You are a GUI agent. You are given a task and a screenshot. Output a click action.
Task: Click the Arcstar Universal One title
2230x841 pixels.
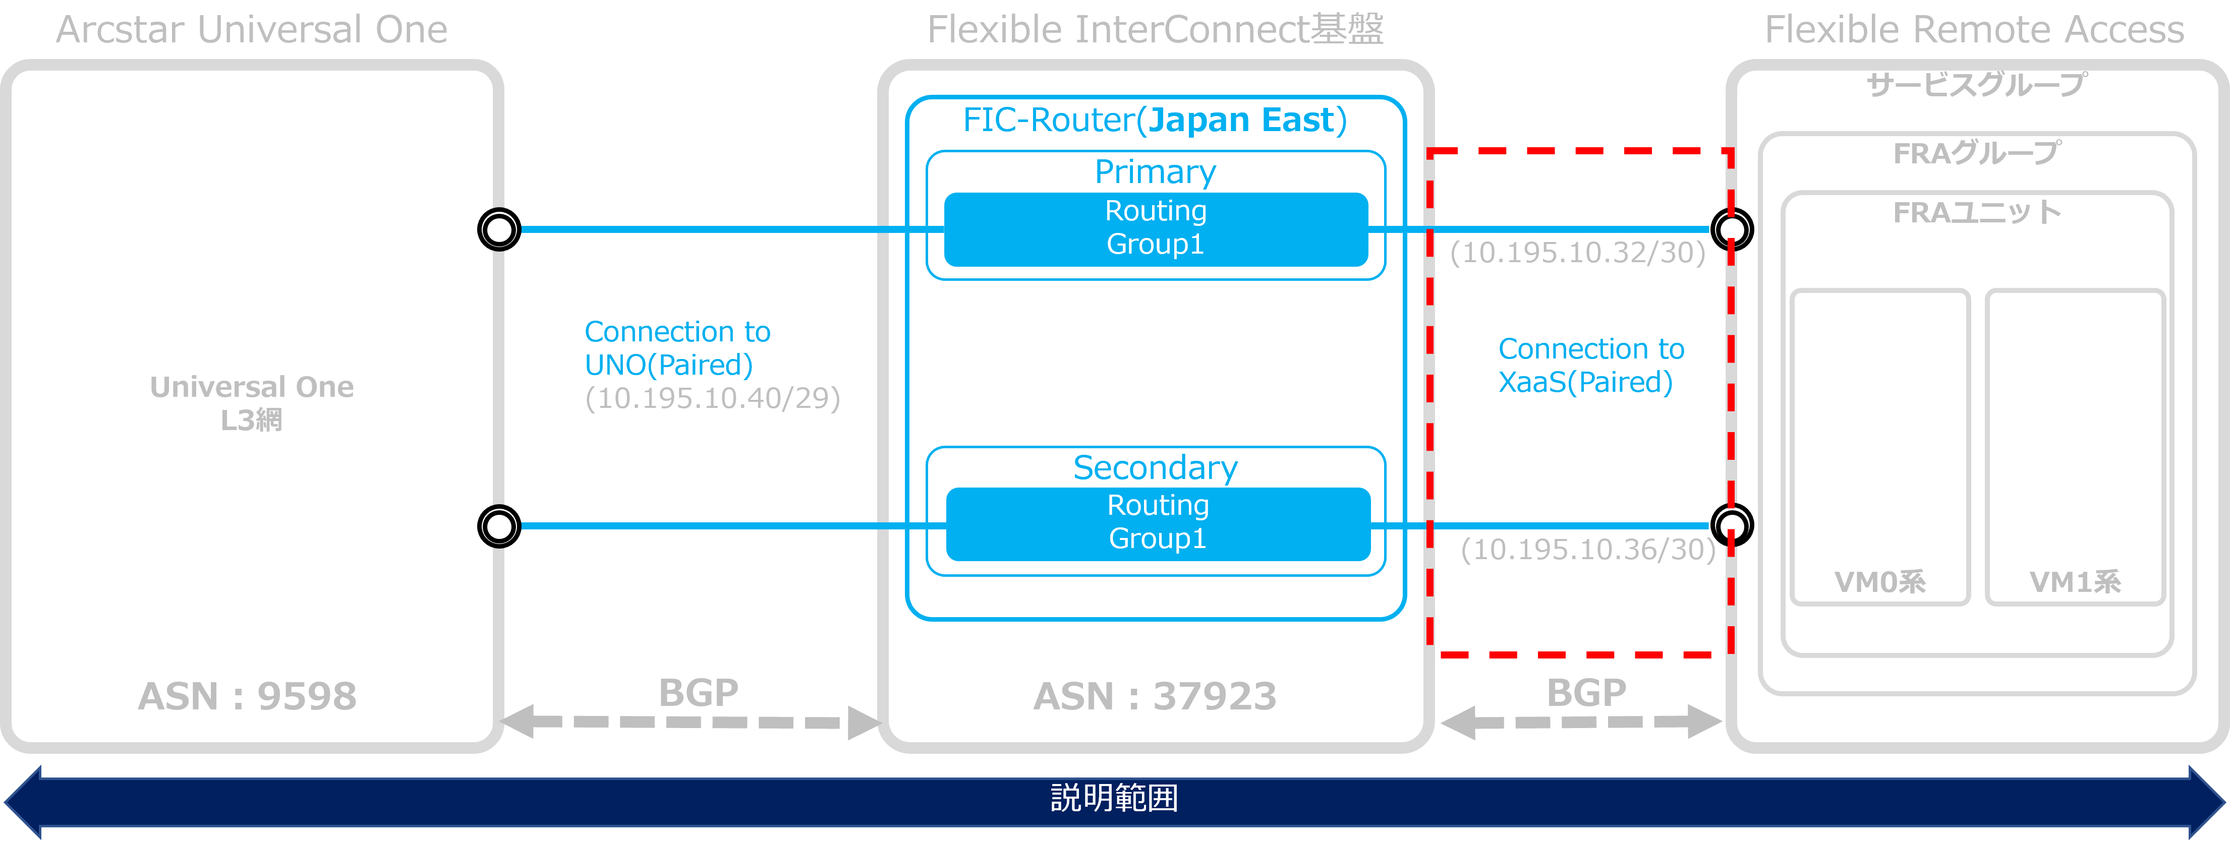pyautogui.click(x=251, y=29)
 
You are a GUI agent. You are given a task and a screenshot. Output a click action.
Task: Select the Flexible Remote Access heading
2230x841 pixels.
pyautogui.click(x=1974, y=29)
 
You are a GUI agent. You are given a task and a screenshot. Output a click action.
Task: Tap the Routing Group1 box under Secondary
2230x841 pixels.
pyautogui.click(x=1158, y=523)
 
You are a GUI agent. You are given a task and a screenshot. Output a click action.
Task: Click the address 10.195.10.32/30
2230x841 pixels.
pyautogui.click(x=1577, y=253)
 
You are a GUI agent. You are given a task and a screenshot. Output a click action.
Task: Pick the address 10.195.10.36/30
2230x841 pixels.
pyautogui.click(x=1588, y=550)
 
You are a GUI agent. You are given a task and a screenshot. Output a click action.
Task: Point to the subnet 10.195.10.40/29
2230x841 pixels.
pyautogui.click(x=712, y=398)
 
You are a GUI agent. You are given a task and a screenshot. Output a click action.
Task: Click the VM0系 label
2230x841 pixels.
pyautogui.click(x=1879, y=581)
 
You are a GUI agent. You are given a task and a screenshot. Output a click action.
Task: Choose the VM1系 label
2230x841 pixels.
pyautogui.click(x=2075, y=581)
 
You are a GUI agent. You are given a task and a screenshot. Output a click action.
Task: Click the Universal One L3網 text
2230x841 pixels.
pyautogui.click(x=251, y=402)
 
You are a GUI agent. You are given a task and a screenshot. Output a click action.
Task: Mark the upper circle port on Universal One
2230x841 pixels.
pyautogui.click(x=499, y=229)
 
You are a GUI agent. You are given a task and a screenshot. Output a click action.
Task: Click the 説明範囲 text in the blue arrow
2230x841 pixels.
pyautogui.click(x=1114, y=797)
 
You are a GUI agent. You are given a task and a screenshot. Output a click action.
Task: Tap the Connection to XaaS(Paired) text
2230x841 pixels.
pyautogui.click(x=1590, y=365)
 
